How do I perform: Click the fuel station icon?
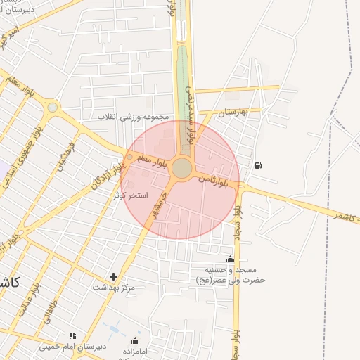click(259, 166)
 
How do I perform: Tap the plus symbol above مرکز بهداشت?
click(113, 276)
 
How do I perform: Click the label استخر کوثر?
click(131, 194)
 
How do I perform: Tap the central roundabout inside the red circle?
click(181, 168)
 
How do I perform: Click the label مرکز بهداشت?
click(113, 288)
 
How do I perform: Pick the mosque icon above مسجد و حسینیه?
click(230, 259)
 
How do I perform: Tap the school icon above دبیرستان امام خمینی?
click(72, 336)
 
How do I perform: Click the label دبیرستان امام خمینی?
click(66, 347)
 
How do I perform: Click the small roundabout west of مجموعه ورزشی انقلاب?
click(52, 108)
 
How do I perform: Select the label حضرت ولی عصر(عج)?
click(230, 280)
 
